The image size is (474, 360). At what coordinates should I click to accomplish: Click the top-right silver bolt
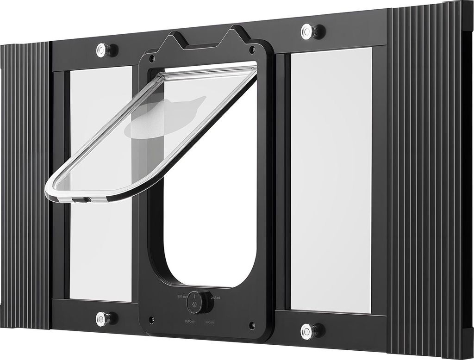[308, 31]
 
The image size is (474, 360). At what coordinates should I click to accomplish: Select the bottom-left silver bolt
[102, 318]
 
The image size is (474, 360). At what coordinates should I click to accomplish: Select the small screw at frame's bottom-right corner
[251, 325]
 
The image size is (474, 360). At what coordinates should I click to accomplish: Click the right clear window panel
[331, 180]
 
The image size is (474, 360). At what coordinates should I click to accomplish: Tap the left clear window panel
[100, 241]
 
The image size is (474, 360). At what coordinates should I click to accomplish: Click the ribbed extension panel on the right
[428, 180]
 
